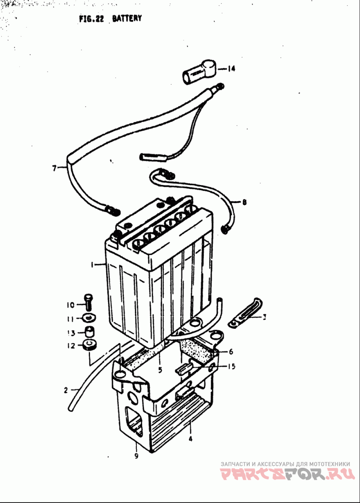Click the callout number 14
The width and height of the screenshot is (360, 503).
[x=231, y=68]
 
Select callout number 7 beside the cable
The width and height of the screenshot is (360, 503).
[x=54, y=168]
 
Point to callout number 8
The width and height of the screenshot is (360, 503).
[x=244, y=202]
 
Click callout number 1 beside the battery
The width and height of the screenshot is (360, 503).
[x=92, y=265]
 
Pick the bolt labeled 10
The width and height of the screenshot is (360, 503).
[x=89, y=302]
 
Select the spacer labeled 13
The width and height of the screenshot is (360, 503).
[x=90, y=331]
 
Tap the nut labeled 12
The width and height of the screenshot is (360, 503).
[x=90, y=345]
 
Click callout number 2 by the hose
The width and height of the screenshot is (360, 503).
[x=66, y=390]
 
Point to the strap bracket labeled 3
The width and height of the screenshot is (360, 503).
[x=245, y=313]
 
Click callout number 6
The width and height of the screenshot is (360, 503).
[x=231, y=352]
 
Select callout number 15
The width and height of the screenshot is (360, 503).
[x=231, y=366]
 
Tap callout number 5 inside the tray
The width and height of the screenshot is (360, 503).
[x=160, y=370]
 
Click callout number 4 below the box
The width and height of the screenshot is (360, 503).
[x=190, y=439]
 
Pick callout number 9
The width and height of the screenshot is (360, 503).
[x=136, y=456]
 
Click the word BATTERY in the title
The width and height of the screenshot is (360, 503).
[x=127, y=18]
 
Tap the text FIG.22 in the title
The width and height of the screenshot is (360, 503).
[x=91, y=18]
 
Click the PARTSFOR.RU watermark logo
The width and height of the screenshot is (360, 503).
[x=288, y=473]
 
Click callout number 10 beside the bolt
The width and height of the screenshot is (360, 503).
[x=71, y=305]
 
